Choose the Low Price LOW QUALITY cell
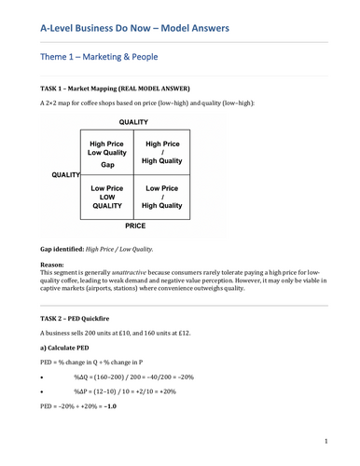click(x=107, y=196)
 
